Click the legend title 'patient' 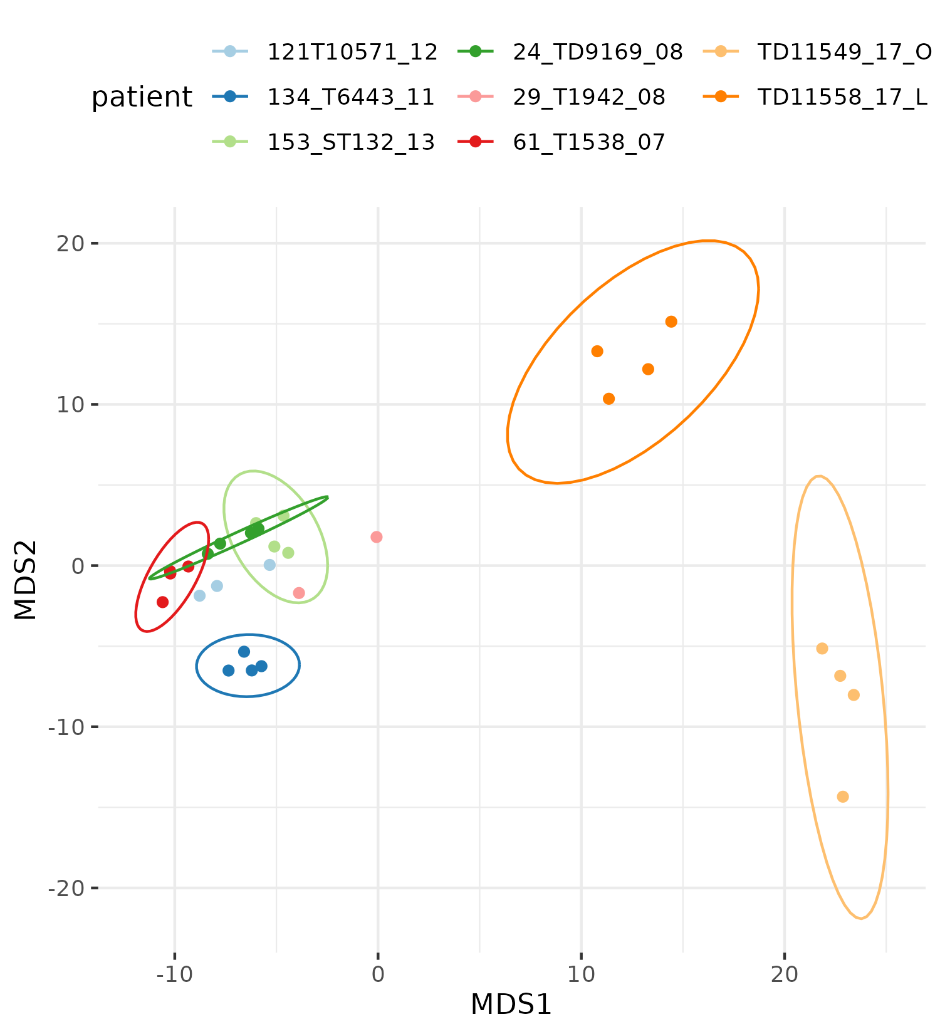coord(142,98)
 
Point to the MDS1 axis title coord(511,1005)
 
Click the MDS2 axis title coord(26,580)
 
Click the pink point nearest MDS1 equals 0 coord(377,537)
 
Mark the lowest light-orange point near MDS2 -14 coord(843,796)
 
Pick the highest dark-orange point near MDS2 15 coord(671,321)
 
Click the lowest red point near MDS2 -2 coord(163,602)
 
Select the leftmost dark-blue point coord(229,671)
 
